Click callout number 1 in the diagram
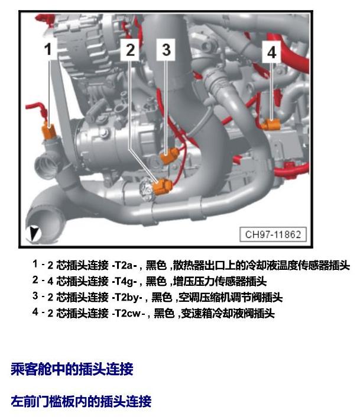click(x=48, y=49)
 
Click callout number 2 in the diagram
click(x=130, y=50)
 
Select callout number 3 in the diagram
click(x=166, y=50)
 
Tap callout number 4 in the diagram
click(x=271, y=52)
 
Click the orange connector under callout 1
click(x=49, y=131)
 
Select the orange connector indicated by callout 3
click(x=170, y=156)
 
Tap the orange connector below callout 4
click(x=271, y=124)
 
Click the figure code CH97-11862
click(x=273, y=234)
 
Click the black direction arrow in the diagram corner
click(x=33, y=233)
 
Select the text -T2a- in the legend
click(x=125, y=265)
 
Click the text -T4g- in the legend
click(x=125, y=281)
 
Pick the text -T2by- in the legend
click(x=127, y=297)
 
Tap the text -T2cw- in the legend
click(x=129, y=313)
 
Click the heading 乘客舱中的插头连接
click(x=72, y=369)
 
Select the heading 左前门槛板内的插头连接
click(x=81, y=401)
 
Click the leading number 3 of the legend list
click(x=35, y=296)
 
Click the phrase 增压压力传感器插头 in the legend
click(x=220, y=281)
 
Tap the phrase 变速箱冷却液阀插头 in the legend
click(x=228, y=313)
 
